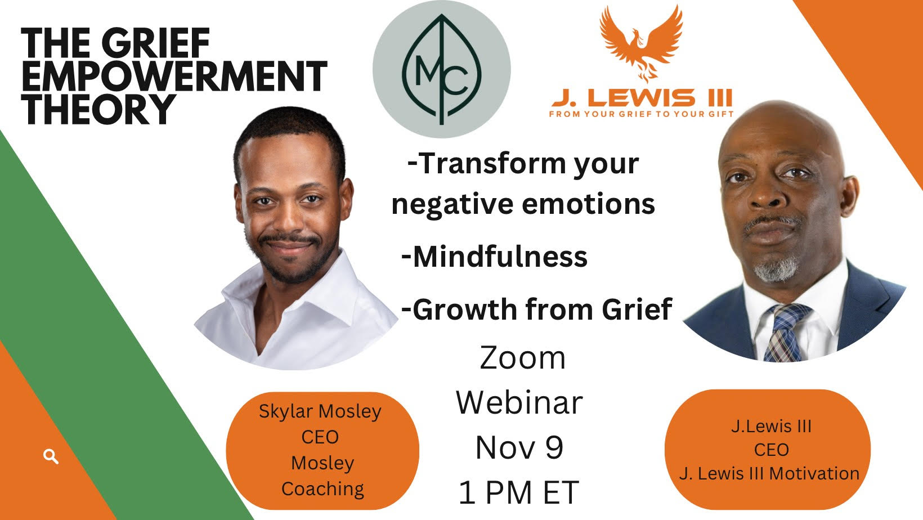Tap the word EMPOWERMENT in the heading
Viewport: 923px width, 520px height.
coord(174,76)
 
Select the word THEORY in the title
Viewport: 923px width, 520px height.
coord(98,109)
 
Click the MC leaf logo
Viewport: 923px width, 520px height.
coord(442,69)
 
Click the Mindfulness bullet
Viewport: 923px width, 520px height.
coord(495,256)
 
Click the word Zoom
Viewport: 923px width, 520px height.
coord(522,358)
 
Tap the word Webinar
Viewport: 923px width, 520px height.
coord(519,402)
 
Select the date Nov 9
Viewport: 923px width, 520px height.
coord(519,447)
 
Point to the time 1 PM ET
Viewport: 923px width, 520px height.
coord(518,492)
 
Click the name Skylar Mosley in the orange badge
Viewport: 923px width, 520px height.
coord(320,411)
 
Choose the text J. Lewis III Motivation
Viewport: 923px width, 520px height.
coord(769,473)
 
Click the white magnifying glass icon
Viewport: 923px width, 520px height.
coord(51,456)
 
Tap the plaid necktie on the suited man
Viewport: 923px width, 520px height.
coord(785,333)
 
